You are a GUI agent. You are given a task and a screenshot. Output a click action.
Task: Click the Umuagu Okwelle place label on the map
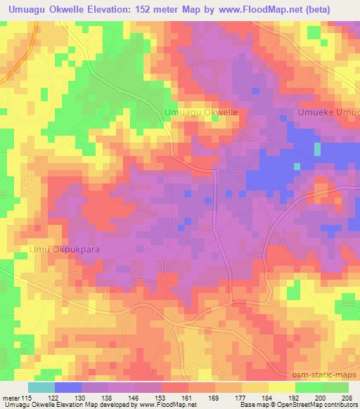coord(200,112)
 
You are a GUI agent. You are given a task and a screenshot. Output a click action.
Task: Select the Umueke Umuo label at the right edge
coord(328,112)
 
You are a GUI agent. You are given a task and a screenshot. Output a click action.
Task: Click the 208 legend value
coord(348,398)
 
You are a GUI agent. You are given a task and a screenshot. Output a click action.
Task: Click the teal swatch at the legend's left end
coord(41,387)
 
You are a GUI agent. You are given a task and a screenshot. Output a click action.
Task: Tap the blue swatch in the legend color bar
coord(67,387)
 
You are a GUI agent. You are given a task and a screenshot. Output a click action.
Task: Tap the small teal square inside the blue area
coord(317,149)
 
